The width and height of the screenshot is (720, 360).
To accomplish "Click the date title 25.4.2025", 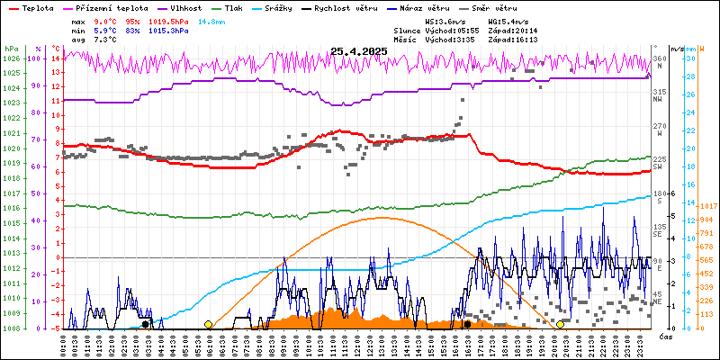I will [x=358, y=51].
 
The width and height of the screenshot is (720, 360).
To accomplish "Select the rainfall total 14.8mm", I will [x=238, y=19].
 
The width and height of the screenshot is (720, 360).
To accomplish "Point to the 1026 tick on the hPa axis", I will [x=11, y=58].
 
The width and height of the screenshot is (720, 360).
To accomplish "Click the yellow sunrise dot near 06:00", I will [x=209, y=324].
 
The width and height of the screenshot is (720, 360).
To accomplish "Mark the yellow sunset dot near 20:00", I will [x=560, y=324].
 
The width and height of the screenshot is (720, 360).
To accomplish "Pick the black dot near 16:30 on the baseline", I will [x=467, y=324].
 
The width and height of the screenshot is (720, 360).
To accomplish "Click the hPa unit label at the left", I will [x=11, y=49].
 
